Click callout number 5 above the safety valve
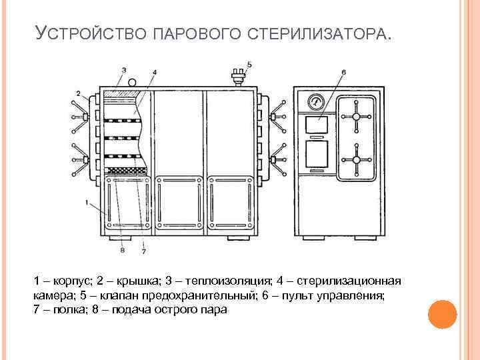(249, 64)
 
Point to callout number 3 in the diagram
(124, 69)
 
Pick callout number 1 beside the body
(87, 200)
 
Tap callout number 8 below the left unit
(122, 251)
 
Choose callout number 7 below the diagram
(143, 251)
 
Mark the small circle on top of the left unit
(132, 83)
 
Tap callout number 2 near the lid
(78, 93)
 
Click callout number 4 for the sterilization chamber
(155, 72)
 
